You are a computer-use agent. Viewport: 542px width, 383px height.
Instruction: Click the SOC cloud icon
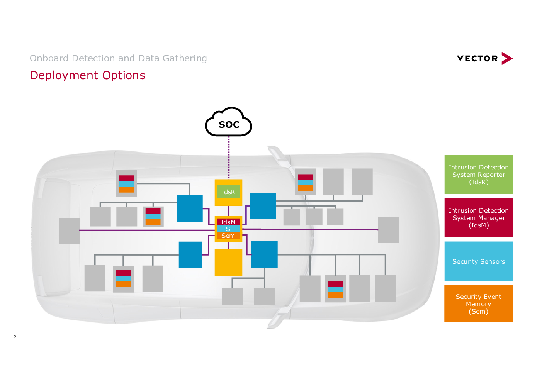click(228, 122)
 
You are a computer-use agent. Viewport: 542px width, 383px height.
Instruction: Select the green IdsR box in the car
click(228, 192)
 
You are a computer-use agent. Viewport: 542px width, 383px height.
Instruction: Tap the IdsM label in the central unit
click(228, 222)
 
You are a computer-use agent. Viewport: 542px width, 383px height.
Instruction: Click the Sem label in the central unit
click(228, 236)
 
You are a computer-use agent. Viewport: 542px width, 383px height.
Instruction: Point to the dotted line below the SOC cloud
click(229, 158)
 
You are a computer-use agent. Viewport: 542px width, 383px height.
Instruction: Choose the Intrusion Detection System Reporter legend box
click(479, 175)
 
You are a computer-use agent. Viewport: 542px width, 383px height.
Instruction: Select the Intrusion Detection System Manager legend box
click(479, 218)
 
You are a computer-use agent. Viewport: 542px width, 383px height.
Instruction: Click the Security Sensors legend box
click(479, 261)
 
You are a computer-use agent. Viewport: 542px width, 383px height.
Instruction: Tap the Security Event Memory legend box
click(479, 304)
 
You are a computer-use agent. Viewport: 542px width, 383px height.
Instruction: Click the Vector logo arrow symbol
click(507, 58)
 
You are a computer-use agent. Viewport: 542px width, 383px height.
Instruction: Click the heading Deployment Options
click(88, 75)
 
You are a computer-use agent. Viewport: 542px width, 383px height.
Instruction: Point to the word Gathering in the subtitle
click(185, 58)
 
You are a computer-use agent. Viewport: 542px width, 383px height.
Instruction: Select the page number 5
click(15, 336)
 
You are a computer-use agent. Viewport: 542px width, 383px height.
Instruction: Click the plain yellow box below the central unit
click(228, 263)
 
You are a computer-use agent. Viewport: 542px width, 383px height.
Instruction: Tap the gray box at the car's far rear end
click(69, 230)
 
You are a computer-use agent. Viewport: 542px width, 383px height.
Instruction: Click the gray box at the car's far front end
click(388, 230)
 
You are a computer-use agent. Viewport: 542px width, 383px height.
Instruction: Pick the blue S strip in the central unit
click(228, 229)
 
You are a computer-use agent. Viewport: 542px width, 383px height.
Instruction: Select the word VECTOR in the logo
click(477, 59)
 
